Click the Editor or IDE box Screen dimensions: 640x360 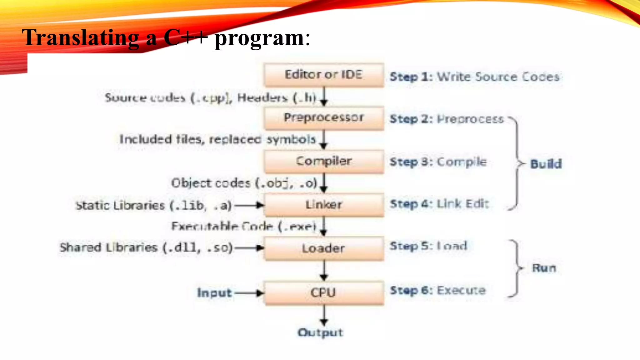point(324,75)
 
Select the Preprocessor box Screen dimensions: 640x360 point(324,118)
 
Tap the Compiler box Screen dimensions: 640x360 point(324,162)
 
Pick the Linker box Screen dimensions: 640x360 point(324,205)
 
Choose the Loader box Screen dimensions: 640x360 point(324,248)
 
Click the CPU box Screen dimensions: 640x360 point(324,293)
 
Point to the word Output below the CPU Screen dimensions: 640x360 point(320,332)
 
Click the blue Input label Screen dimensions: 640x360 point(214,293)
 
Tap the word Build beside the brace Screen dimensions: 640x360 point(546,164)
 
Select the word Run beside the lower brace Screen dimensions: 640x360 point(544,268)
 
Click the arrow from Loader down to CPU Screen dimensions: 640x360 point(324,271)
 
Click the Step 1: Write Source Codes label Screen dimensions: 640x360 point(474,77)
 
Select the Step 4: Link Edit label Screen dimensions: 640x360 point(439,204)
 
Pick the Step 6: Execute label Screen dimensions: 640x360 point(437,291)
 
